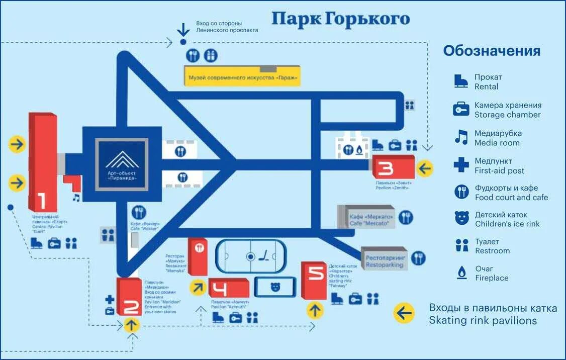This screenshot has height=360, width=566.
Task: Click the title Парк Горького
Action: click(x=341, y=19)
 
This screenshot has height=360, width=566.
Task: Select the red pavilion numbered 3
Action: click(x=393, y=167)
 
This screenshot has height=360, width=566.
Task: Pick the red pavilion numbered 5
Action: click(x=315, y=280)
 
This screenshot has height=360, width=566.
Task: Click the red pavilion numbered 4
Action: click(x=229, y=289)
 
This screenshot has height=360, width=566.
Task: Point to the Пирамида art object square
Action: click(x=123, y=163)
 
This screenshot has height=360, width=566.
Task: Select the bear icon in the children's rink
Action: click(x=275, y=287)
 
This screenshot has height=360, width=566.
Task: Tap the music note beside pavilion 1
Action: click(x=76, y=198)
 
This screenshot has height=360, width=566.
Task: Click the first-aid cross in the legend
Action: click(x=460, y=164)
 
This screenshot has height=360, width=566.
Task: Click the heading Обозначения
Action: click(x=491, y=51)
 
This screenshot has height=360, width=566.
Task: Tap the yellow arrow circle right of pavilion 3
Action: click(x=425, y=168)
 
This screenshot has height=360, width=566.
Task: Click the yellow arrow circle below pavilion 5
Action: click(x=315, y=309)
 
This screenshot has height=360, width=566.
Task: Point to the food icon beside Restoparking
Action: click(x=418, y=258)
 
